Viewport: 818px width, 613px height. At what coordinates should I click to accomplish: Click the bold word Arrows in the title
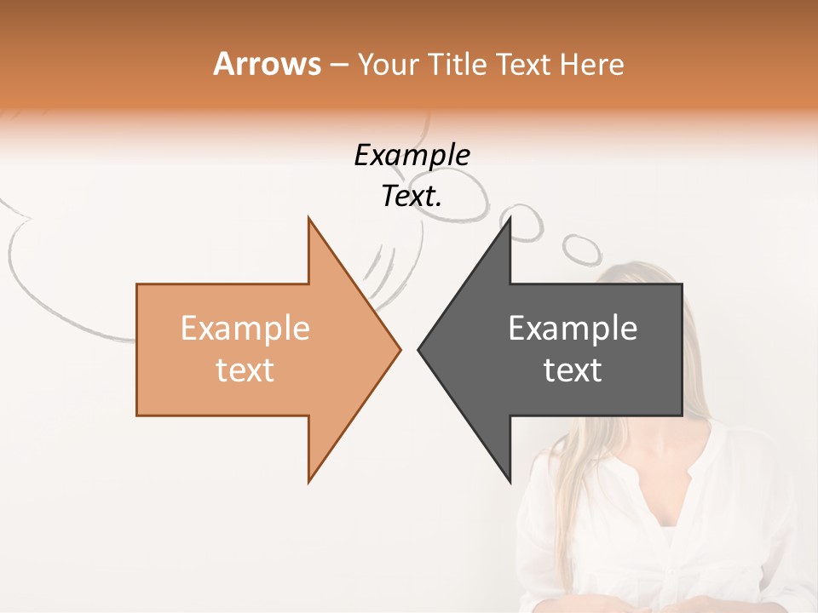click(x=267, y=64)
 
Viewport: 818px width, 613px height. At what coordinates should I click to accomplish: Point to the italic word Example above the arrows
click(x=412, y=156)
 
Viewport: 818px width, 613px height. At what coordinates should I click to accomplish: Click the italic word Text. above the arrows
click(x=412, y=197)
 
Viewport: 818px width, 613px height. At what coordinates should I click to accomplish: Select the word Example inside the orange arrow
click(x=245, y=328)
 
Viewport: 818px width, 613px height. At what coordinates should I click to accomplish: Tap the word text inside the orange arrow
click(x=245, y=370)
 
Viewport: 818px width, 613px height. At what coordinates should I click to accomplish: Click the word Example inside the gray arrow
click(x=573, y=328)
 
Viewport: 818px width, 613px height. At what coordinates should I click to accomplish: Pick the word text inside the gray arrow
click(x=573, y=370)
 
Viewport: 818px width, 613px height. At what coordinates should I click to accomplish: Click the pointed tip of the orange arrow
click(x=399, y=349)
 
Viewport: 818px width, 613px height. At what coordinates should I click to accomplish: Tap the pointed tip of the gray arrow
click(x=419, y=349)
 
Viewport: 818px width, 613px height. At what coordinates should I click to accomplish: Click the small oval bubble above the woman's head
click(x=582, y=249)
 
